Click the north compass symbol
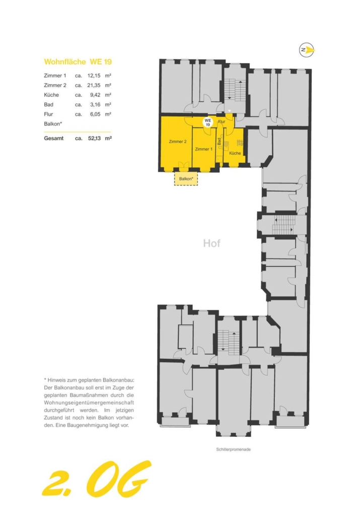[x=307, y=50]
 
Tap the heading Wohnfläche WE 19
[x=78, y=62]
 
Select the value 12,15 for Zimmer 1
[x=94, y=76]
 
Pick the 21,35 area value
[x=94, y=85]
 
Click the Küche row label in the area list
[x=51, y=95]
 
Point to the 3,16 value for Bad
[x=95, y=105]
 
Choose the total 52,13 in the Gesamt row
[x=94, y=138]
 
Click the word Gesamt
[x=53, y=138]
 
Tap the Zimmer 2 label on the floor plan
[x=178, y=142]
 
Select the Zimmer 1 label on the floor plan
[x=203, y=149]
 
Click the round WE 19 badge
[x=208, y=122]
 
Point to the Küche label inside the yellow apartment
[x=235, y=153]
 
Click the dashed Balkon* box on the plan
[x=186, y=179]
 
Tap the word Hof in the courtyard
[x=212, y=243]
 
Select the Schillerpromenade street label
[x=234, y=449]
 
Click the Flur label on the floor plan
[x=222, y=121]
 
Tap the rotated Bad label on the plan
[x=220, y=142]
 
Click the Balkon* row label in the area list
[x=53, y=124]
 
